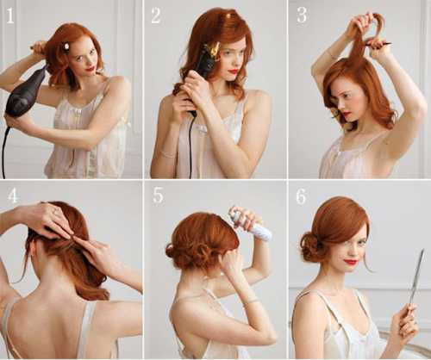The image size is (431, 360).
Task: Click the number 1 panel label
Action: click(x=10, y=16)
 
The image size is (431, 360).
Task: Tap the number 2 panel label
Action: click(x=156, y=16)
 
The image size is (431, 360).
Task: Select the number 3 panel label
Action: click(x=302, y=16)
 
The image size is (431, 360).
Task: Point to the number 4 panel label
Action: click(x=13, y=196)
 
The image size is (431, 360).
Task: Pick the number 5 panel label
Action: click(x=159, y=196)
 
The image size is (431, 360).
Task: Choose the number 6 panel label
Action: click(x=301, y=197)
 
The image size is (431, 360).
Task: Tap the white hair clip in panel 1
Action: click(x=66, y=47)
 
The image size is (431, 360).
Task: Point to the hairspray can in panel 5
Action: click(x=251, y=225)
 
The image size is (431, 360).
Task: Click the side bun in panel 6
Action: click(x=310, y=246)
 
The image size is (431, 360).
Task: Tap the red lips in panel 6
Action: click(x=352, y=262)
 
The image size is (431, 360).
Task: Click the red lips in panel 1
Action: click(x=91, y=68)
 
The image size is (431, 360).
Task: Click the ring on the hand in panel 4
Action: click(x=54, y=212)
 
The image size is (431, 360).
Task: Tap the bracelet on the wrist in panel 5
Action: click(x=252, y=301)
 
